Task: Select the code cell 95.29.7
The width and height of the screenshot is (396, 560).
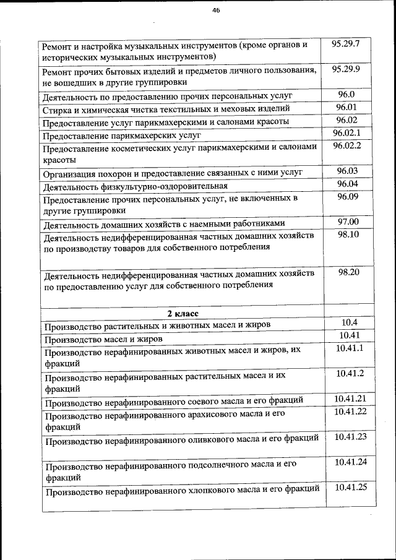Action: coord(350,44)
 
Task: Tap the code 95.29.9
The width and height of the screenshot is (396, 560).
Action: coord(350,69)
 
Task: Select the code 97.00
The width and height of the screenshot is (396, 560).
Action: coord(348,222)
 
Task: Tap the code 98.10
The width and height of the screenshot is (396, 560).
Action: coord(349,235)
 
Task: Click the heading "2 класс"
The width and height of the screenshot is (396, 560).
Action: coord(181,313)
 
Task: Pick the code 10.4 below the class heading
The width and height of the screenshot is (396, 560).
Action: coord(350,322)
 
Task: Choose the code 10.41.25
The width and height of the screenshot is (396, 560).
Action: coord(351,487)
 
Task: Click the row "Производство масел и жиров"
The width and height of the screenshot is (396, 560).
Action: coord(104,339)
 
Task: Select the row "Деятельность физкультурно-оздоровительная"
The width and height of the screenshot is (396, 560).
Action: coord(136,186)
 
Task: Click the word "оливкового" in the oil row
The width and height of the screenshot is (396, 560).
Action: coord(210,439)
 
